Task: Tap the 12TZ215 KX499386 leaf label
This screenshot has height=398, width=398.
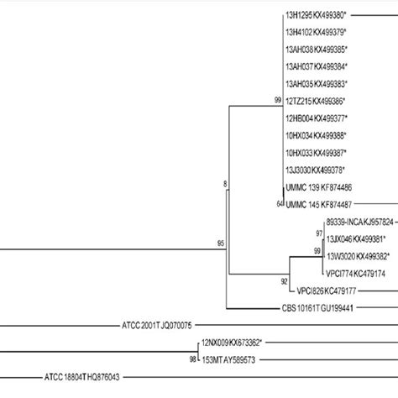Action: (x=316, y=100)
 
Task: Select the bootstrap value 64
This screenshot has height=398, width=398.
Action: (x=278, y=203)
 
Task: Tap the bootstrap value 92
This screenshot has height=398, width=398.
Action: (x=285, y=281)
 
